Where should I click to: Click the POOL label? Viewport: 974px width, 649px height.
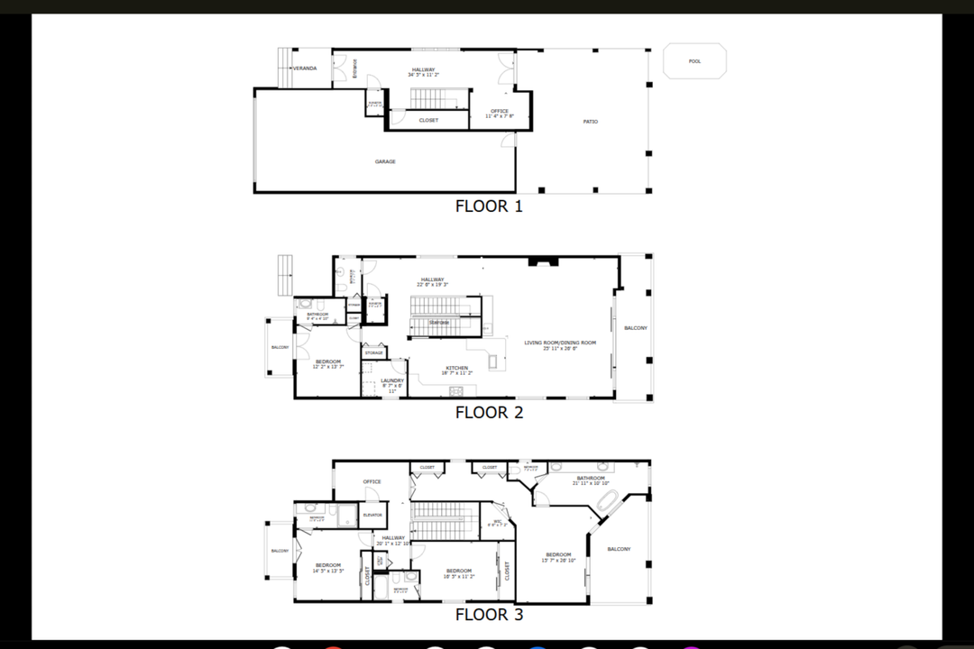[x=694, y=61]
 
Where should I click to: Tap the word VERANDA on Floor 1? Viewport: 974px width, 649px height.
[x=305, y=69]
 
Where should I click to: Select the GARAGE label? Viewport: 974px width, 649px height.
[x=385, y=161]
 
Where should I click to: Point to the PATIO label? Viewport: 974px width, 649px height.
[x=590, y=122]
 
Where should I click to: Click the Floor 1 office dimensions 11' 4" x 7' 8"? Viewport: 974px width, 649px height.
[x=499, y=116]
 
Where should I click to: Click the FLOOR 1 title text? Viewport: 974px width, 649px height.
[x=488, y=206]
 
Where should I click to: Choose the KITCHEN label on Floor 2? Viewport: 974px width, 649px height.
[x=456, y=367]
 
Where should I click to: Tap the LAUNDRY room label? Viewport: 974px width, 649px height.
[x=391, y=380]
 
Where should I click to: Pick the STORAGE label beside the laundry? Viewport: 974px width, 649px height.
[x=373, y=352]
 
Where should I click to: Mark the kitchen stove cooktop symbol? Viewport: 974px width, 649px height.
[x=456, y=390]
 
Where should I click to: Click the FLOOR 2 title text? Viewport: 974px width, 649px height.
[x=488, y=413]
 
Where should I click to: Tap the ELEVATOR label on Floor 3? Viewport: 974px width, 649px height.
[x=372, y=515]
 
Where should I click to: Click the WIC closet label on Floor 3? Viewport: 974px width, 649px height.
[x=497, y=521]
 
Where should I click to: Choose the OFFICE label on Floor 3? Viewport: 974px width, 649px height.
[x=372, y=481]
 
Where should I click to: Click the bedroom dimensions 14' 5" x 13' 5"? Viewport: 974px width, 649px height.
[x=327, y=571]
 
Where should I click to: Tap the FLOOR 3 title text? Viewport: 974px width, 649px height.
[x=488, y=615]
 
